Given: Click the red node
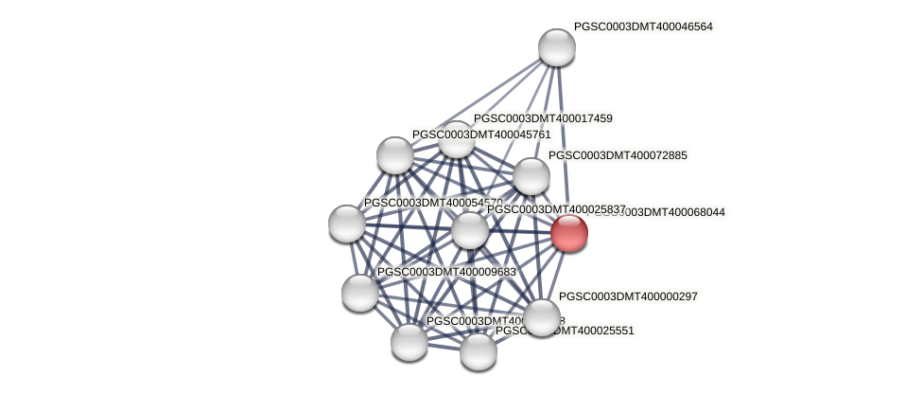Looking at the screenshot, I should point(569,233).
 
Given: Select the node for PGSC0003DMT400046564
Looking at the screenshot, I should point(557,47).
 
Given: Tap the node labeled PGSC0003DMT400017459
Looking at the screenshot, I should point(457,140).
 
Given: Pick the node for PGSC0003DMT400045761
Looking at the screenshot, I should point(395,155).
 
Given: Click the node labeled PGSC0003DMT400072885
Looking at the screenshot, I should point(531,176).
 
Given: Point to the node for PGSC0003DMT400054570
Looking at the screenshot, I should point(347,224).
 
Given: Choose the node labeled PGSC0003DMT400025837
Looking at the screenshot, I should point(470,230).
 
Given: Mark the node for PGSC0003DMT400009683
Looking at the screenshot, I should point(360,293).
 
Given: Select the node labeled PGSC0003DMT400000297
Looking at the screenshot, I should point(542,318).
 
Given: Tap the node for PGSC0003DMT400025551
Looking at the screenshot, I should point(479,352).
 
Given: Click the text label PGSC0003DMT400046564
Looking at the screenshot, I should point(643,27).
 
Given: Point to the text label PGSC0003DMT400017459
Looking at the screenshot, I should point(543,118).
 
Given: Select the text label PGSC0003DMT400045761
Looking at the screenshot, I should point(481,134).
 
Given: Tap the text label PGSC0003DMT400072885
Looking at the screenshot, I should point(618,155).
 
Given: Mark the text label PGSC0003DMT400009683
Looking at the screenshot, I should point(446,272).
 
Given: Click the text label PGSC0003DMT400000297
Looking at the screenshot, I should point(628,296).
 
